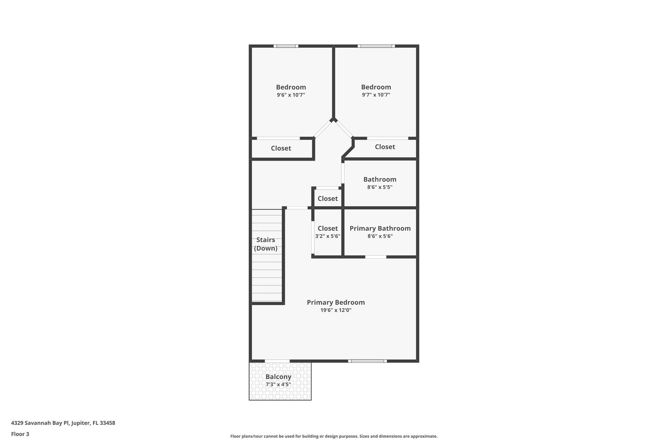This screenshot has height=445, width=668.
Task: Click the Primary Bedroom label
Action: [336, 302]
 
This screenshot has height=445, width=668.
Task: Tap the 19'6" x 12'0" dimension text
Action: [336, 310]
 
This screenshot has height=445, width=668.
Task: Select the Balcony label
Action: [278, 377]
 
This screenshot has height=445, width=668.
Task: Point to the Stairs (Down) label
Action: [266, 244]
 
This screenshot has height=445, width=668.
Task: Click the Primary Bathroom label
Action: [380, 228]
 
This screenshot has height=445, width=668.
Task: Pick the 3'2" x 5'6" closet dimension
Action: [327, 236]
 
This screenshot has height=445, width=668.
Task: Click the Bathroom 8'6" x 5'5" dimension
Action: [380, 187]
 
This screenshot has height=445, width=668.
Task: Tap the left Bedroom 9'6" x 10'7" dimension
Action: [291, 95]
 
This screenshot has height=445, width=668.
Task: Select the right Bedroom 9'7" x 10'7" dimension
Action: [376, 95]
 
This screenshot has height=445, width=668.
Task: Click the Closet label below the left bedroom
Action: [281, 148]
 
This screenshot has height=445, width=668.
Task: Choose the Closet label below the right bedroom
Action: [385, 147]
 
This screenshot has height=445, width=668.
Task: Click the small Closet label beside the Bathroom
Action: [327, 198]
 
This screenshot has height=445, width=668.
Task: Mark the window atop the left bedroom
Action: [286, 46]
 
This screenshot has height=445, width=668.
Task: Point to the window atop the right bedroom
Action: [376, 46]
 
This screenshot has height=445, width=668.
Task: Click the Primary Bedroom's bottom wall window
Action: [367, 361]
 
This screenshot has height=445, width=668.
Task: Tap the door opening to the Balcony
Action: [277, 361]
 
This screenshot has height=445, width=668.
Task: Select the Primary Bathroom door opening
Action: [375, 257]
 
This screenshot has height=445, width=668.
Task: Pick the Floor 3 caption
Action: [20, 434]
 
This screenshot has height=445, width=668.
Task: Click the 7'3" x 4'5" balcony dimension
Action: [278, 384]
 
